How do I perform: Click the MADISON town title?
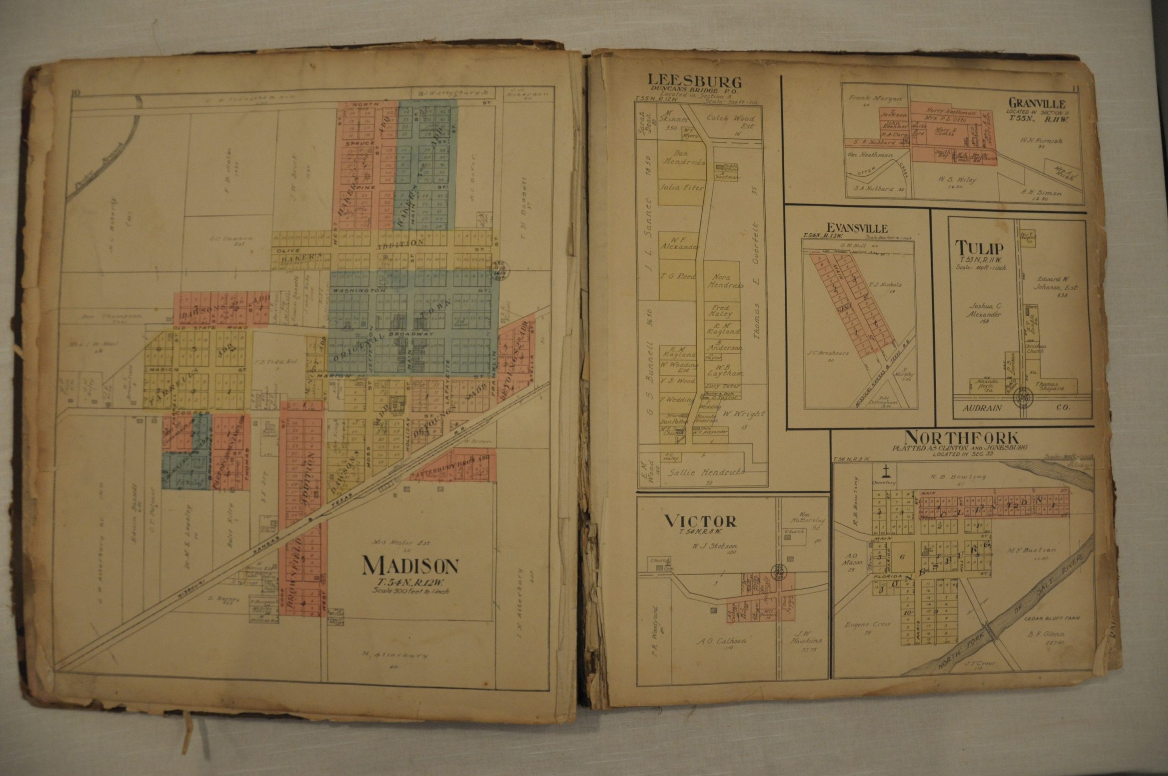[x=411, y=565]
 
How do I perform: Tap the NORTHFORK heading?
[x=961, y=437]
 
